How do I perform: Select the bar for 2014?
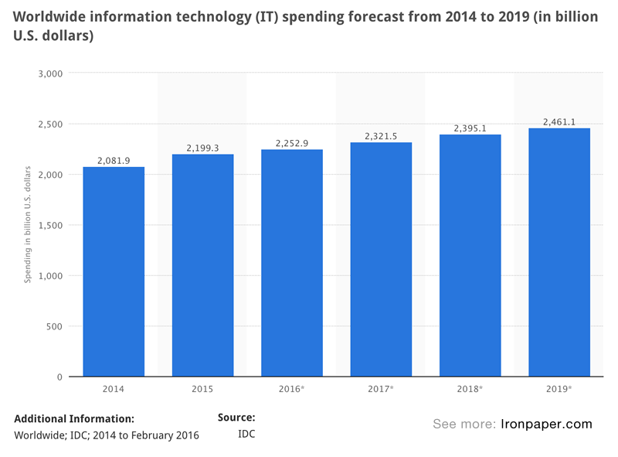click(x=114, y=271)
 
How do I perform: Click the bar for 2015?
click(x=202, y=265)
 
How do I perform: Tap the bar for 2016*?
click(x=292, y=263)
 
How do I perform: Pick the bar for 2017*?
click(x=381, y=259)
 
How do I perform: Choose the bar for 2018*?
click(x=470, y=255)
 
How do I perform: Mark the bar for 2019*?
click(x=559, y=252)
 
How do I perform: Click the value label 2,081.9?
click(x=114, y=160)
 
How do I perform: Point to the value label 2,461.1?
click(x=559, y=121)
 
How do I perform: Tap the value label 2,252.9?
click(x=292, y=143)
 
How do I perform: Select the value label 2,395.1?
click(x=470, y=128)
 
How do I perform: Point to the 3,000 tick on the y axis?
click(x=50, y=73)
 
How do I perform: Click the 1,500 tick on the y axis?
click(x=50, y=225)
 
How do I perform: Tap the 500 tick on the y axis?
click(x=54, y=326)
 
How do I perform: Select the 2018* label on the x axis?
click(x=470, y=389)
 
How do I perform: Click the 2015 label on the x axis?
click(x=202, y=389)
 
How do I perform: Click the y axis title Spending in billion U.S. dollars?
click(x=28, y=224)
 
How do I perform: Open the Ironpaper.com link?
click(x=547, y=424)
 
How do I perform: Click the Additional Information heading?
click(x=74, y=418)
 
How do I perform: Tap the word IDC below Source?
click(x=246, y=435)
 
